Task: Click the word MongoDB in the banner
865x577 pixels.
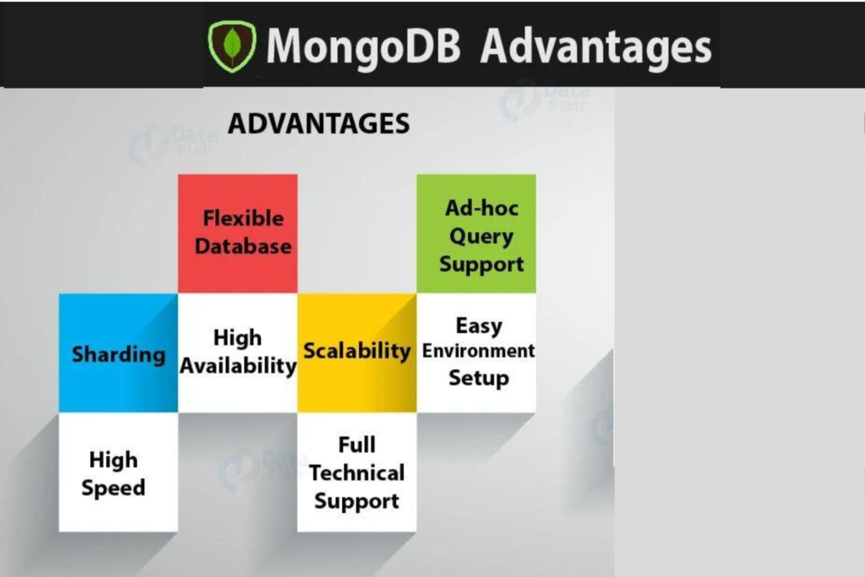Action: coord(363,46)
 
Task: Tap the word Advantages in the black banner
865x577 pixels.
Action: coord(596,46)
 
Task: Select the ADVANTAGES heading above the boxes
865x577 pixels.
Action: coord(318,124)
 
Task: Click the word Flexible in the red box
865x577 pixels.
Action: coord(242,218)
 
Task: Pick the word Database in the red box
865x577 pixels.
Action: coord(242,247)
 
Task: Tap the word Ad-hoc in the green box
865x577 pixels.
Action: coord(481,208)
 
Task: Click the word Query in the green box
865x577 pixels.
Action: coord(481,237)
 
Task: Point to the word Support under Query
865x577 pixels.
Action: coord(481,264)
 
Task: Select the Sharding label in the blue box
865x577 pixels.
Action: coord(118,354)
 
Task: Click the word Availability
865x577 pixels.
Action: coord(238,367)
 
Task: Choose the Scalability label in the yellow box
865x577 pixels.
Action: coord(356,351)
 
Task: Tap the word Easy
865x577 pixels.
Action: coord(479,325)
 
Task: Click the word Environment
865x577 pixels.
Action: coord(479,351)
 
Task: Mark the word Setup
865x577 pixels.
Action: coord(479,378)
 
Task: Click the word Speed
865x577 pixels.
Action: coord(113,488)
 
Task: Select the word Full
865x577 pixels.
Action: coord(356,444)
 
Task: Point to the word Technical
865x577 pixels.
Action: coord(356,473)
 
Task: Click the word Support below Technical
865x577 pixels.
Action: coord(356,501)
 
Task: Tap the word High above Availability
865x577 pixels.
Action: coord(237,338)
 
